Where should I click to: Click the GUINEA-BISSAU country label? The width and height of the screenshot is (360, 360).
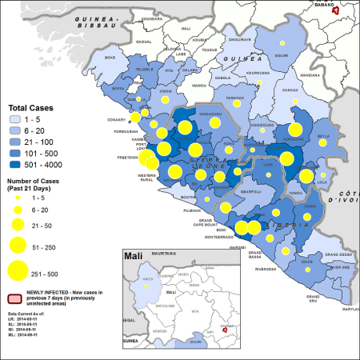(x=93, y=20)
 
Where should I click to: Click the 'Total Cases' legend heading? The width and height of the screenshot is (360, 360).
(x=29, y=107)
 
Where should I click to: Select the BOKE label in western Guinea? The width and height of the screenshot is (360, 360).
(x=111, y=58)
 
